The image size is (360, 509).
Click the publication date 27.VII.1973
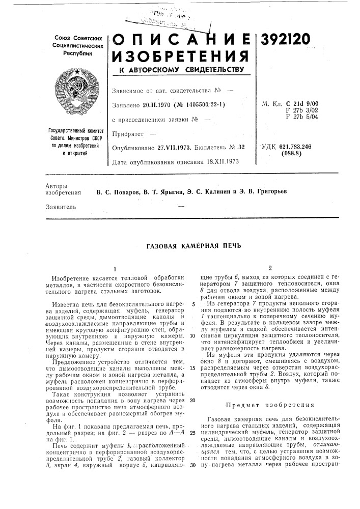[172, 147]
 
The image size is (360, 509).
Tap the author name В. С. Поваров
[119, 191]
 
